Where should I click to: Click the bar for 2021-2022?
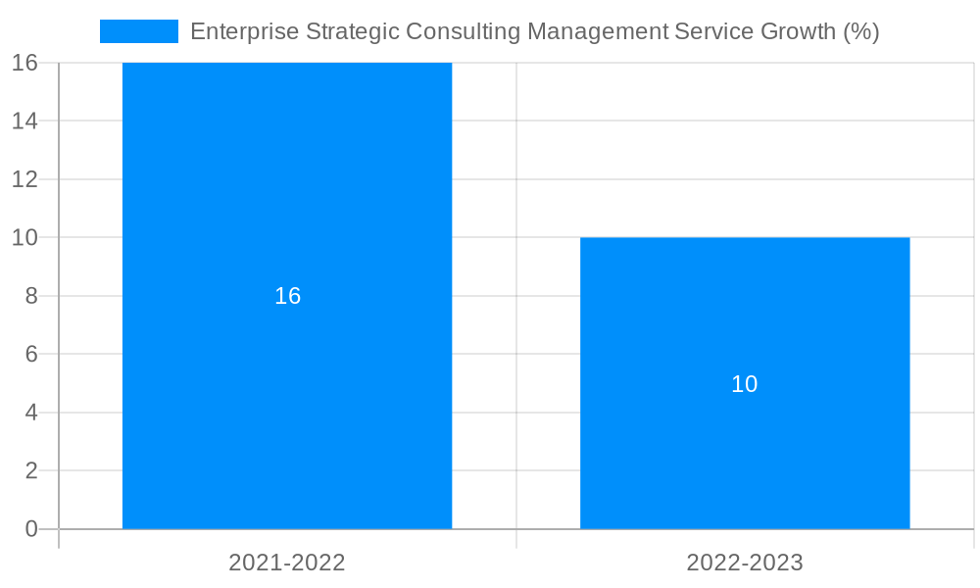287,196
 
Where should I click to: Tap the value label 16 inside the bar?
287,296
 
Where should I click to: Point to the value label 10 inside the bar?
745,384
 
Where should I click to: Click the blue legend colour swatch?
138,31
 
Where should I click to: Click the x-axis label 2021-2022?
287,563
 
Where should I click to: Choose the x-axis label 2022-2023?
745,563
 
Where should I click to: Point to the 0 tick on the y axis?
30,529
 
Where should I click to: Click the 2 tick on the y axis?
30,470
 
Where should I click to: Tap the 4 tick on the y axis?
30,413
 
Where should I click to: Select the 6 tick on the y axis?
30,354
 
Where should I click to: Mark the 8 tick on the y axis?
30,296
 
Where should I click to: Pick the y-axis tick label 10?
24,237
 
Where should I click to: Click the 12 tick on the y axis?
24,179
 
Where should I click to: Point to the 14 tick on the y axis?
24,121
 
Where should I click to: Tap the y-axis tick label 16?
24,63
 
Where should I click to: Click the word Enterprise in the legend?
242,31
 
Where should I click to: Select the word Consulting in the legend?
463,31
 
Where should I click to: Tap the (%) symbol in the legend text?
860,31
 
